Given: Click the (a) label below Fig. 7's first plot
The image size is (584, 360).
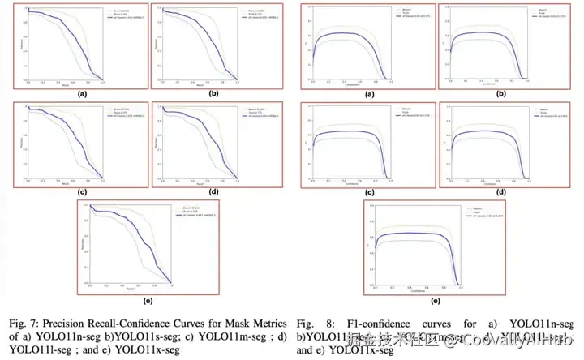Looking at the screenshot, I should click(x=82, y=94).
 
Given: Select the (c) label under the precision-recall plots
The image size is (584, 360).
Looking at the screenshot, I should click(x=82, y=191).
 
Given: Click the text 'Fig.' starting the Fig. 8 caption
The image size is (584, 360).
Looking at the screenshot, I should click(x=307, y=320).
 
